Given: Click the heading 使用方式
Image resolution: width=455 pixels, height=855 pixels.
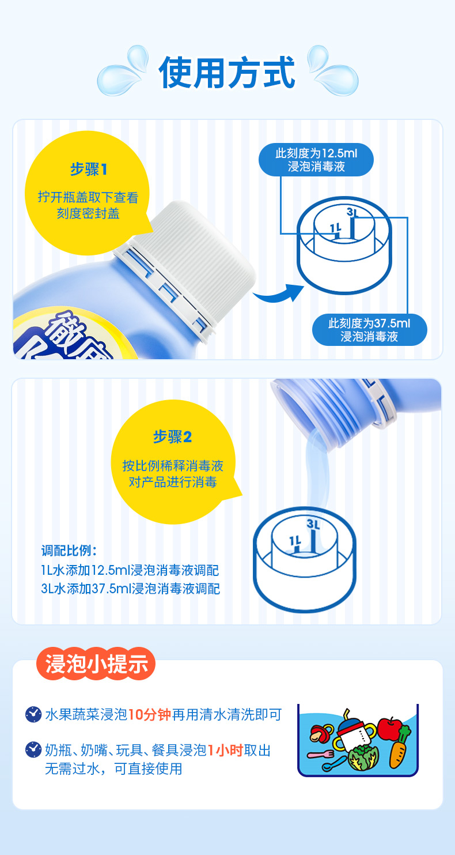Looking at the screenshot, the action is pos(227,73).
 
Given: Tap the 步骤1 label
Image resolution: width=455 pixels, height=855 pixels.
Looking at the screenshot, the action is pos(89,169).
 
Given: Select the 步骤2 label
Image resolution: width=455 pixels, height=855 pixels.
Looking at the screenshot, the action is pos(172,436).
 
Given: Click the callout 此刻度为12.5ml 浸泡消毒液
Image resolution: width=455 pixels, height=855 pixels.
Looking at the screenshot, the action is pos(316,160).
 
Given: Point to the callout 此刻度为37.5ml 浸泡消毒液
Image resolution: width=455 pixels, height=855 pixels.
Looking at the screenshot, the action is pos(369,330).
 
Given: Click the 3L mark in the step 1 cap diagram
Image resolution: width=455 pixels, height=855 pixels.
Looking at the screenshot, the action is pos(352,212).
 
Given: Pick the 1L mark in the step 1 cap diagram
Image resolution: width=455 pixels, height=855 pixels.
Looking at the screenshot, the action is pos(335,229).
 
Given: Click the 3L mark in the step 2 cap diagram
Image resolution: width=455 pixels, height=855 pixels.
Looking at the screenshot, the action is pos(313,524).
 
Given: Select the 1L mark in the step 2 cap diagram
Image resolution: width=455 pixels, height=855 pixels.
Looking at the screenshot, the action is pos(295,541).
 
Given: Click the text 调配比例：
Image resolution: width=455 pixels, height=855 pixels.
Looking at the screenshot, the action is pos(69,551).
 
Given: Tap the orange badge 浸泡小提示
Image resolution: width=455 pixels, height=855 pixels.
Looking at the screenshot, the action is pos(96,664).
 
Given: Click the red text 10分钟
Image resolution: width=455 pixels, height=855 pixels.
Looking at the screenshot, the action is pos(149,714).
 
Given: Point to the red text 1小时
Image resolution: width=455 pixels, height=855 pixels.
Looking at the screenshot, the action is pos(225,751).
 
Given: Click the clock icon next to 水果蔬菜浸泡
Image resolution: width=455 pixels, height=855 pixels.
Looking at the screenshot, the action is pos(33,714).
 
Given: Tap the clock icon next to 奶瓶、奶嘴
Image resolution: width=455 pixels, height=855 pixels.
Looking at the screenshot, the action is pos(33,749).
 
